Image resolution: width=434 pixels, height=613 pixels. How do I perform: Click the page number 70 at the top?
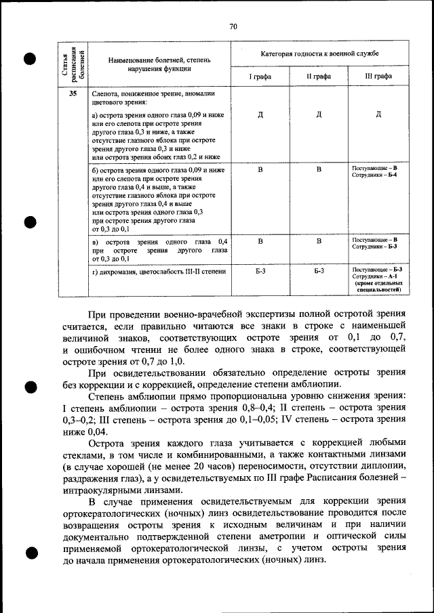(233, 26)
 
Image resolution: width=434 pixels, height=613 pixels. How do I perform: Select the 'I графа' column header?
(260, 77)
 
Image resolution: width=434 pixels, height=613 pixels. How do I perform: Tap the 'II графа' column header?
(319, 77)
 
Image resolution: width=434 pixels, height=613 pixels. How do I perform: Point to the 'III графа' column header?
(378, 77)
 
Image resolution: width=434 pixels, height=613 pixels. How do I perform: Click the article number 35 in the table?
(73, 94)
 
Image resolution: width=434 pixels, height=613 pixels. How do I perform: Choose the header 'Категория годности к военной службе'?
(319, 52)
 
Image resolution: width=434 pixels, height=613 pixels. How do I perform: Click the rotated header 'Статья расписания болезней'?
(73, 63)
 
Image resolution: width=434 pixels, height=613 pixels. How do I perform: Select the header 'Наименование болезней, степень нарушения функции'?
(159, 64)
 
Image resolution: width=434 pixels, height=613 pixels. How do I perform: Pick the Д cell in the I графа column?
(260, 114)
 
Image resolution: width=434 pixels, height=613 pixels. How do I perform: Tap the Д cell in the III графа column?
(378, 114)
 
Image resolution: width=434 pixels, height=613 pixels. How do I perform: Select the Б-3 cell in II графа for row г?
(319, 271)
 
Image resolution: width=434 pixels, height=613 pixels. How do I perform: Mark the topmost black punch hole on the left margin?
(28, 59)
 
